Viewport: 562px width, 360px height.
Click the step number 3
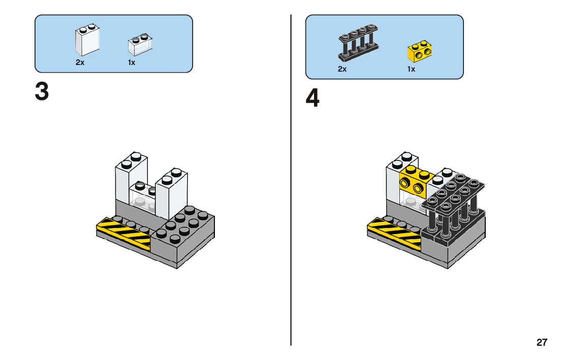point(42,91)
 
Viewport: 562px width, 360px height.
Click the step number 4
point(313,99)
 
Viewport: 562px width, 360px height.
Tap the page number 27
point(542,342)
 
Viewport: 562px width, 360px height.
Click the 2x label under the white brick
point(80,63)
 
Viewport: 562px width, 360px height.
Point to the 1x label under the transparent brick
point(132,63)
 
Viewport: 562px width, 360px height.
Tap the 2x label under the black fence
point(342,69)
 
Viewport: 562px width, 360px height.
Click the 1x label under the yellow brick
point(411,69)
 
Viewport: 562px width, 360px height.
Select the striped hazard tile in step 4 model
point(395,232)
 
